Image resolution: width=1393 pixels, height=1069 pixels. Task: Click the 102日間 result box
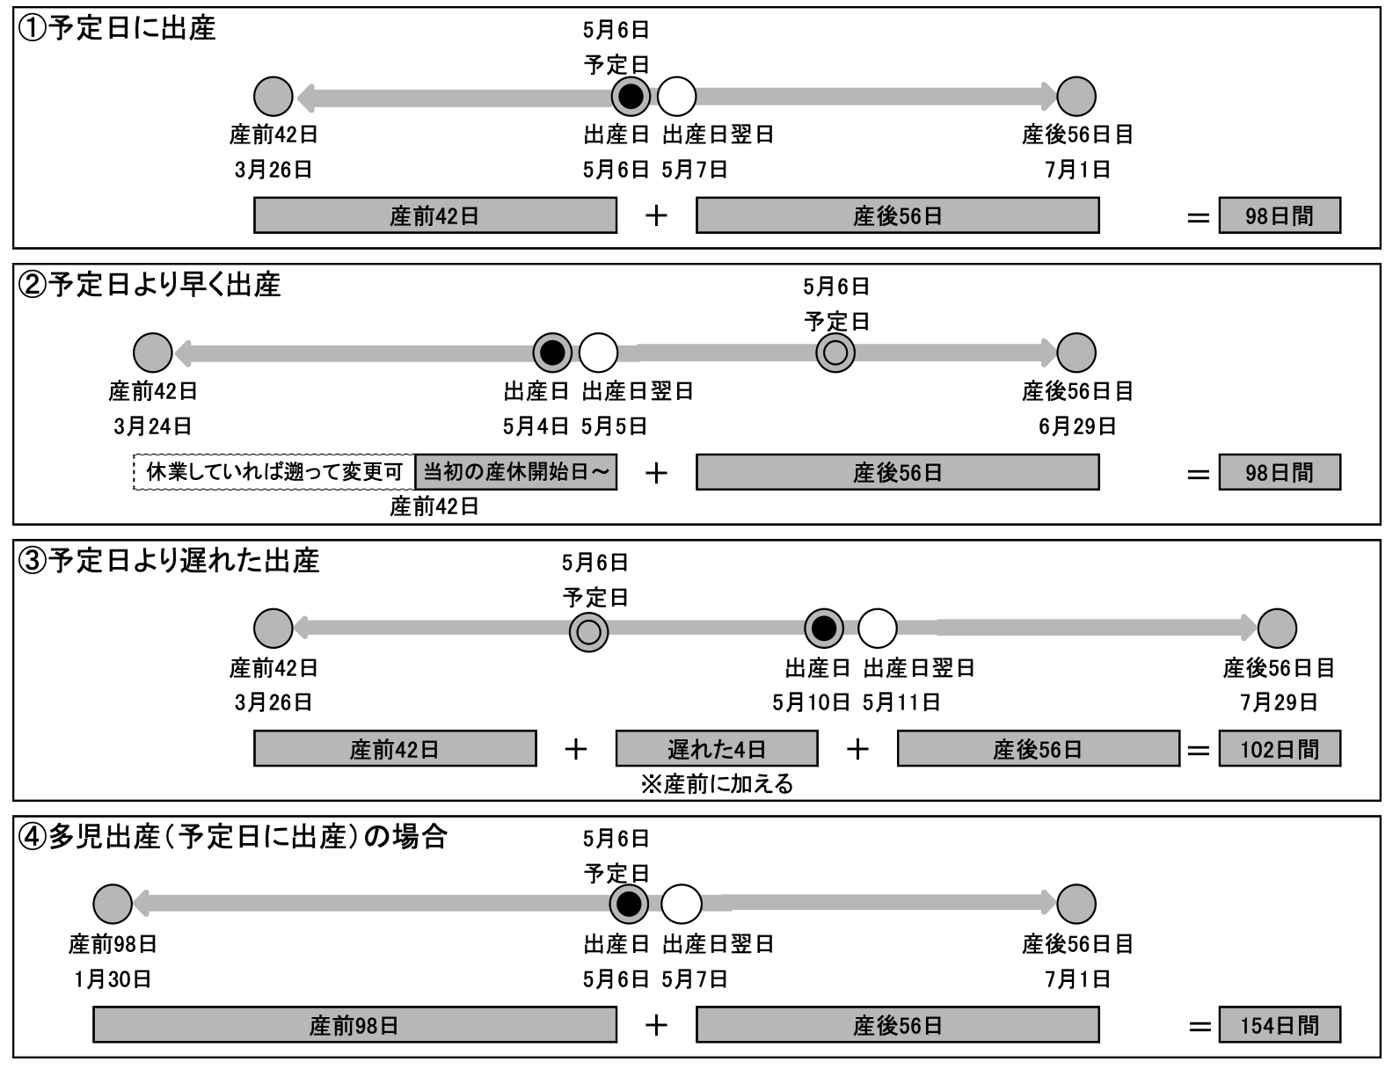pos(1279,748)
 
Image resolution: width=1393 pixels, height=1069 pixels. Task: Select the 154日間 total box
pos(1279,1025)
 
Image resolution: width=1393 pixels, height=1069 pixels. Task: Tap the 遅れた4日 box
pos(717,748)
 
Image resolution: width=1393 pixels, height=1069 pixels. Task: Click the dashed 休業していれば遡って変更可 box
pos(274,472)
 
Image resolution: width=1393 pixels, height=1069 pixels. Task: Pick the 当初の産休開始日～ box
pos(516,472)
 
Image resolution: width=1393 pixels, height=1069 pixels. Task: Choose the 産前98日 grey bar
pos(354,1025)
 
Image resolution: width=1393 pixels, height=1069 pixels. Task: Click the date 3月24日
pos(152,426)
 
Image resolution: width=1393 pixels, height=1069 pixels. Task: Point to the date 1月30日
pos(113,979)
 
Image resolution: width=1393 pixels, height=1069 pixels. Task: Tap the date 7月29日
pos(1279,702)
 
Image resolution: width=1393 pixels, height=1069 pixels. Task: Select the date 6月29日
pos(1077,426)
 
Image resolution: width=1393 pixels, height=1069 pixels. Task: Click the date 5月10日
pos(811,702)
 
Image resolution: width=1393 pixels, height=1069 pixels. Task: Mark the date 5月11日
pos(901,702)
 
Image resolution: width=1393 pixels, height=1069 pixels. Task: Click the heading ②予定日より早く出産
pos(150,284)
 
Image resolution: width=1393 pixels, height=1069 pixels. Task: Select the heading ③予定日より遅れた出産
pos(169,561)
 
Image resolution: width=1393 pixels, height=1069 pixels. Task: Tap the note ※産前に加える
pos(717,784)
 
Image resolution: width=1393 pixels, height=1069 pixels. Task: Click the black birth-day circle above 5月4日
pos(552,353)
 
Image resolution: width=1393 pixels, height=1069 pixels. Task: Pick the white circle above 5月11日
pos(877,629)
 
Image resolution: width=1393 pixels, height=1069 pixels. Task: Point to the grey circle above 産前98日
pos(113,904)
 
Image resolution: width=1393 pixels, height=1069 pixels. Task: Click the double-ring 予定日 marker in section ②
pos(835,353)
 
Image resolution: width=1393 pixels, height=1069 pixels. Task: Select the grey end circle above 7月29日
pos(1277,629)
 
